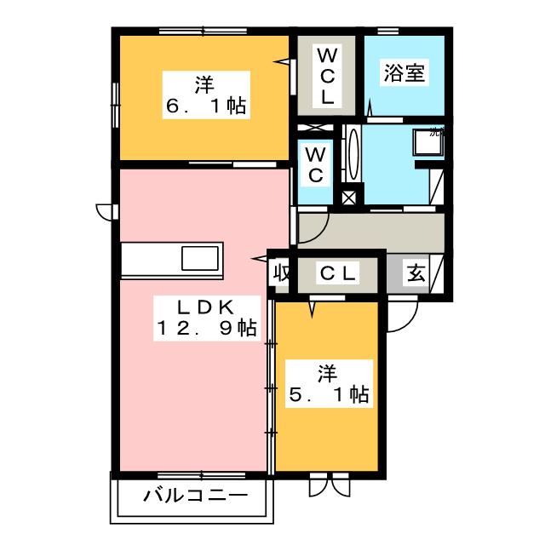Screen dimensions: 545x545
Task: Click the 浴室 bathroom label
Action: (404, 72)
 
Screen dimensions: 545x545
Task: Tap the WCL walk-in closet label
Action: (328, 76)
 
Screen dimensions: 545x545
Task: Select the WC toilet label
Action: (314, 165)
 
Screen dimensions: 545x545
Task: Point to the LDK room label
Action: (205, 307)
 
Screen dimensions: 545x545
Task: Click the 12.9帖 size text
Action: (205, 329)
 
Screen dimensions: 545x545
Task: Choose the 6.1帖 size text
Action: (204, 106)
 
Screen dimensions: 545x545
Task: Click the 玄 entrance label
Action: (415, 273)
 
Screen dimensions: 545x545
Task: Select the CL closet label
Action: (339, 273)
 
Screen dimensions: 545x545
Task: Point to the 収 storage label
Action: (279, 273)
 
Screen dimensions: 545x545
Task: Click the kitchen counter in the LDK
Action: (171, 259)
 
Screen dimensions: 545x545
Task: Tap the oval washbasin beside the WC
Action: (353, 155)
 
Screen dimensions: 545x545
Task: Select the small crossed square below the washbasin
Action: (347, 197)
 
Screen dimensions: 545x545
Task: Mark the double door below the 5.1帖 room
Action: (328, 485)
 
